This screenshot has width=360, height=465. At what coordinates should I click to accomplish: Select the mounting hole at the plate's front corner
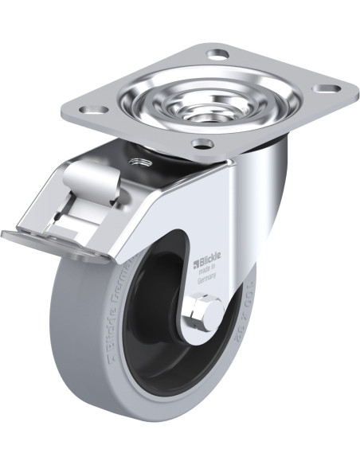point(203,143)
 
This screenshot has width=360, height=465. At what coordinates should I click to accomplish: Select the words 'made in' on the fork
point(206,271)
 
